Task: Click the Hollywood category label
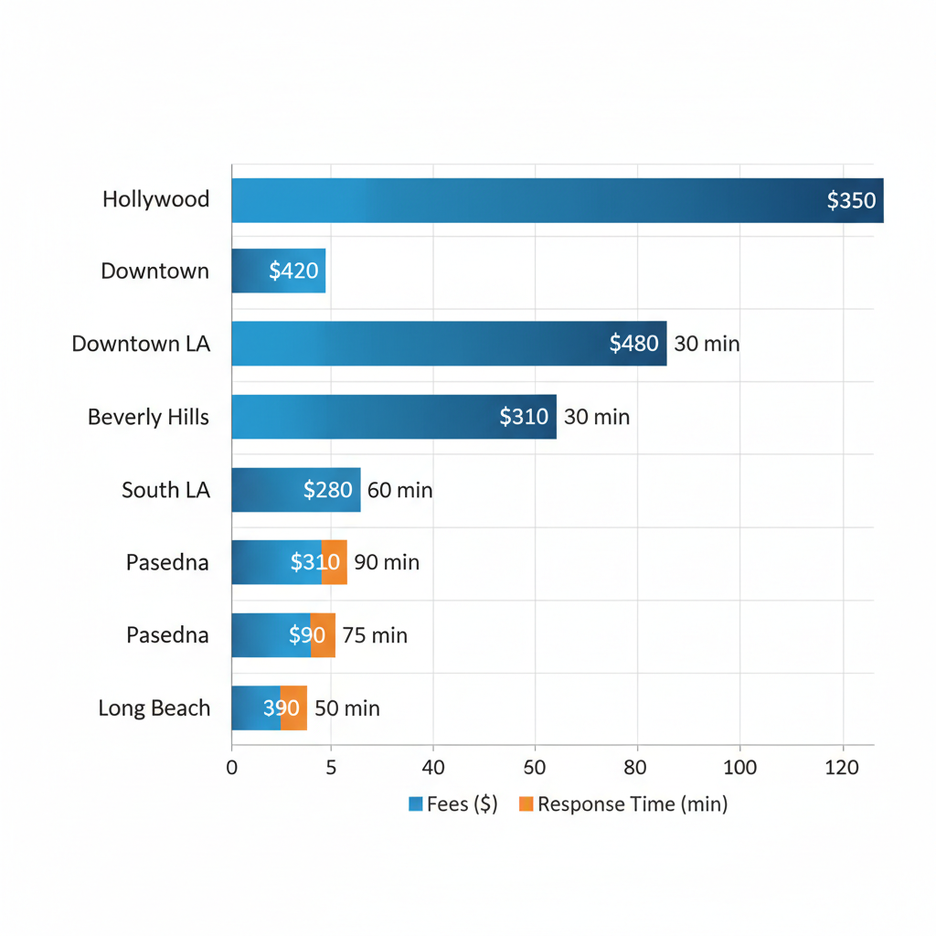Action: click(155, 199)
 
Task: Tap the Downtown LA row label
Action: click(141, 344)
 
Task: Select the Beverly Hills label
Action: click(148, 417)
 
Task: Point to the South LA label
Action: click(165, 490)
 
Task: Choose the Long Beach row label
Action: click(154, 708)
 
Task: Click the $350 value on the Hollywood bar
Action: click(851, 200)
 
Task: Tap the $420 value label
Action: click(293, 271)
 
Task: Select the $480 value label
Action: click(633, 344)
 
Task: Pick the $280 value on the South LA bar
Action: click(327, 490)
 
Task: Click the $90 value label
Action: click(306, 635)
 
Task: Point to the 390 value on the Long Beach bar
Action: click(282, 708)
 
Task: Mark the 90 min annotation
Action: click(387, 562)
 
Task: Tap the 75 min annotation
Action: click(375, 635)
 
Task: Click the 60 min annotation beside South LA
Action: click(399, 490)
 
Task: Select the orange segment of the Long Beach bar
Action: click(293, 708)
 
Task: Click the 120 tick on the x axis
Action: click(842, 768)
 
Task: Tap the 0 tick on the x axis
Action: click(231, 768)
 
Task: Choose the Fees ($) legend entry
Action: click(453, 804)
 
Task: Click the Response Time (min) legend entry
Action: click(623, 804)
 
